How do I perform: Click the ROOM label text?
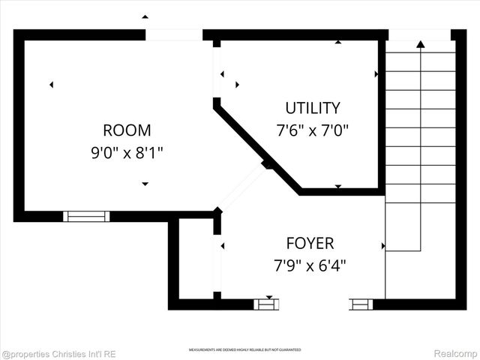click(x=127, y=130)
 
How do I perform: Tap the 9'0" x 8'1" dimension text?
click(x=127, y=153)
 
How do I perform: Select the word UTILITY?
click(x=312, y=108)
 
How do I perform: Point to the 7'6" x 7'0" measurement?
click(x=312, y=130)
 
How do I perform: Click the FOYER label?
click(x=310, y=243)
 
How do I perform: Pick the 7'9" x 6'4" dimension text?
click(x=310, y=265)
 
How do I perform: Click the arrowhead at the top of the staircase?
click(x=420, y=44)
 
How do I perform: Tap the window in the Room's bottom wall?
click(x=86, y=216)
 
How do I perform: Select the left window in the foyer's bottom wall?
click(x=266, y=304)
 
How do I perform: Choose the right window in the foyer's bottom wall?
click(x=361, y=304)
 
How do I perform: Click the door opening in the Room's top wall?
click(x=173, y=34)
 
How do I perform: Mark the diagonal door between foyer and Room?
click(x=241, y=187)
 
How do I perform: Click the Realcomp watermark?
click(x=456, y=352)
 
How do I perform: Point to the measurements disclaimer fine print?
click(x=244, y=349)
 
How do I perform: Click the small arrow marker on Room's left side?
click(x=51, y=85)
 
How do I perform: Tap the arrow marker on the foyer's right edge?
click(x=383, y=246)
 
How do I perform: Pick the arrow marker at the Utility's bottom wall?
click(x=337, y=186)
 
